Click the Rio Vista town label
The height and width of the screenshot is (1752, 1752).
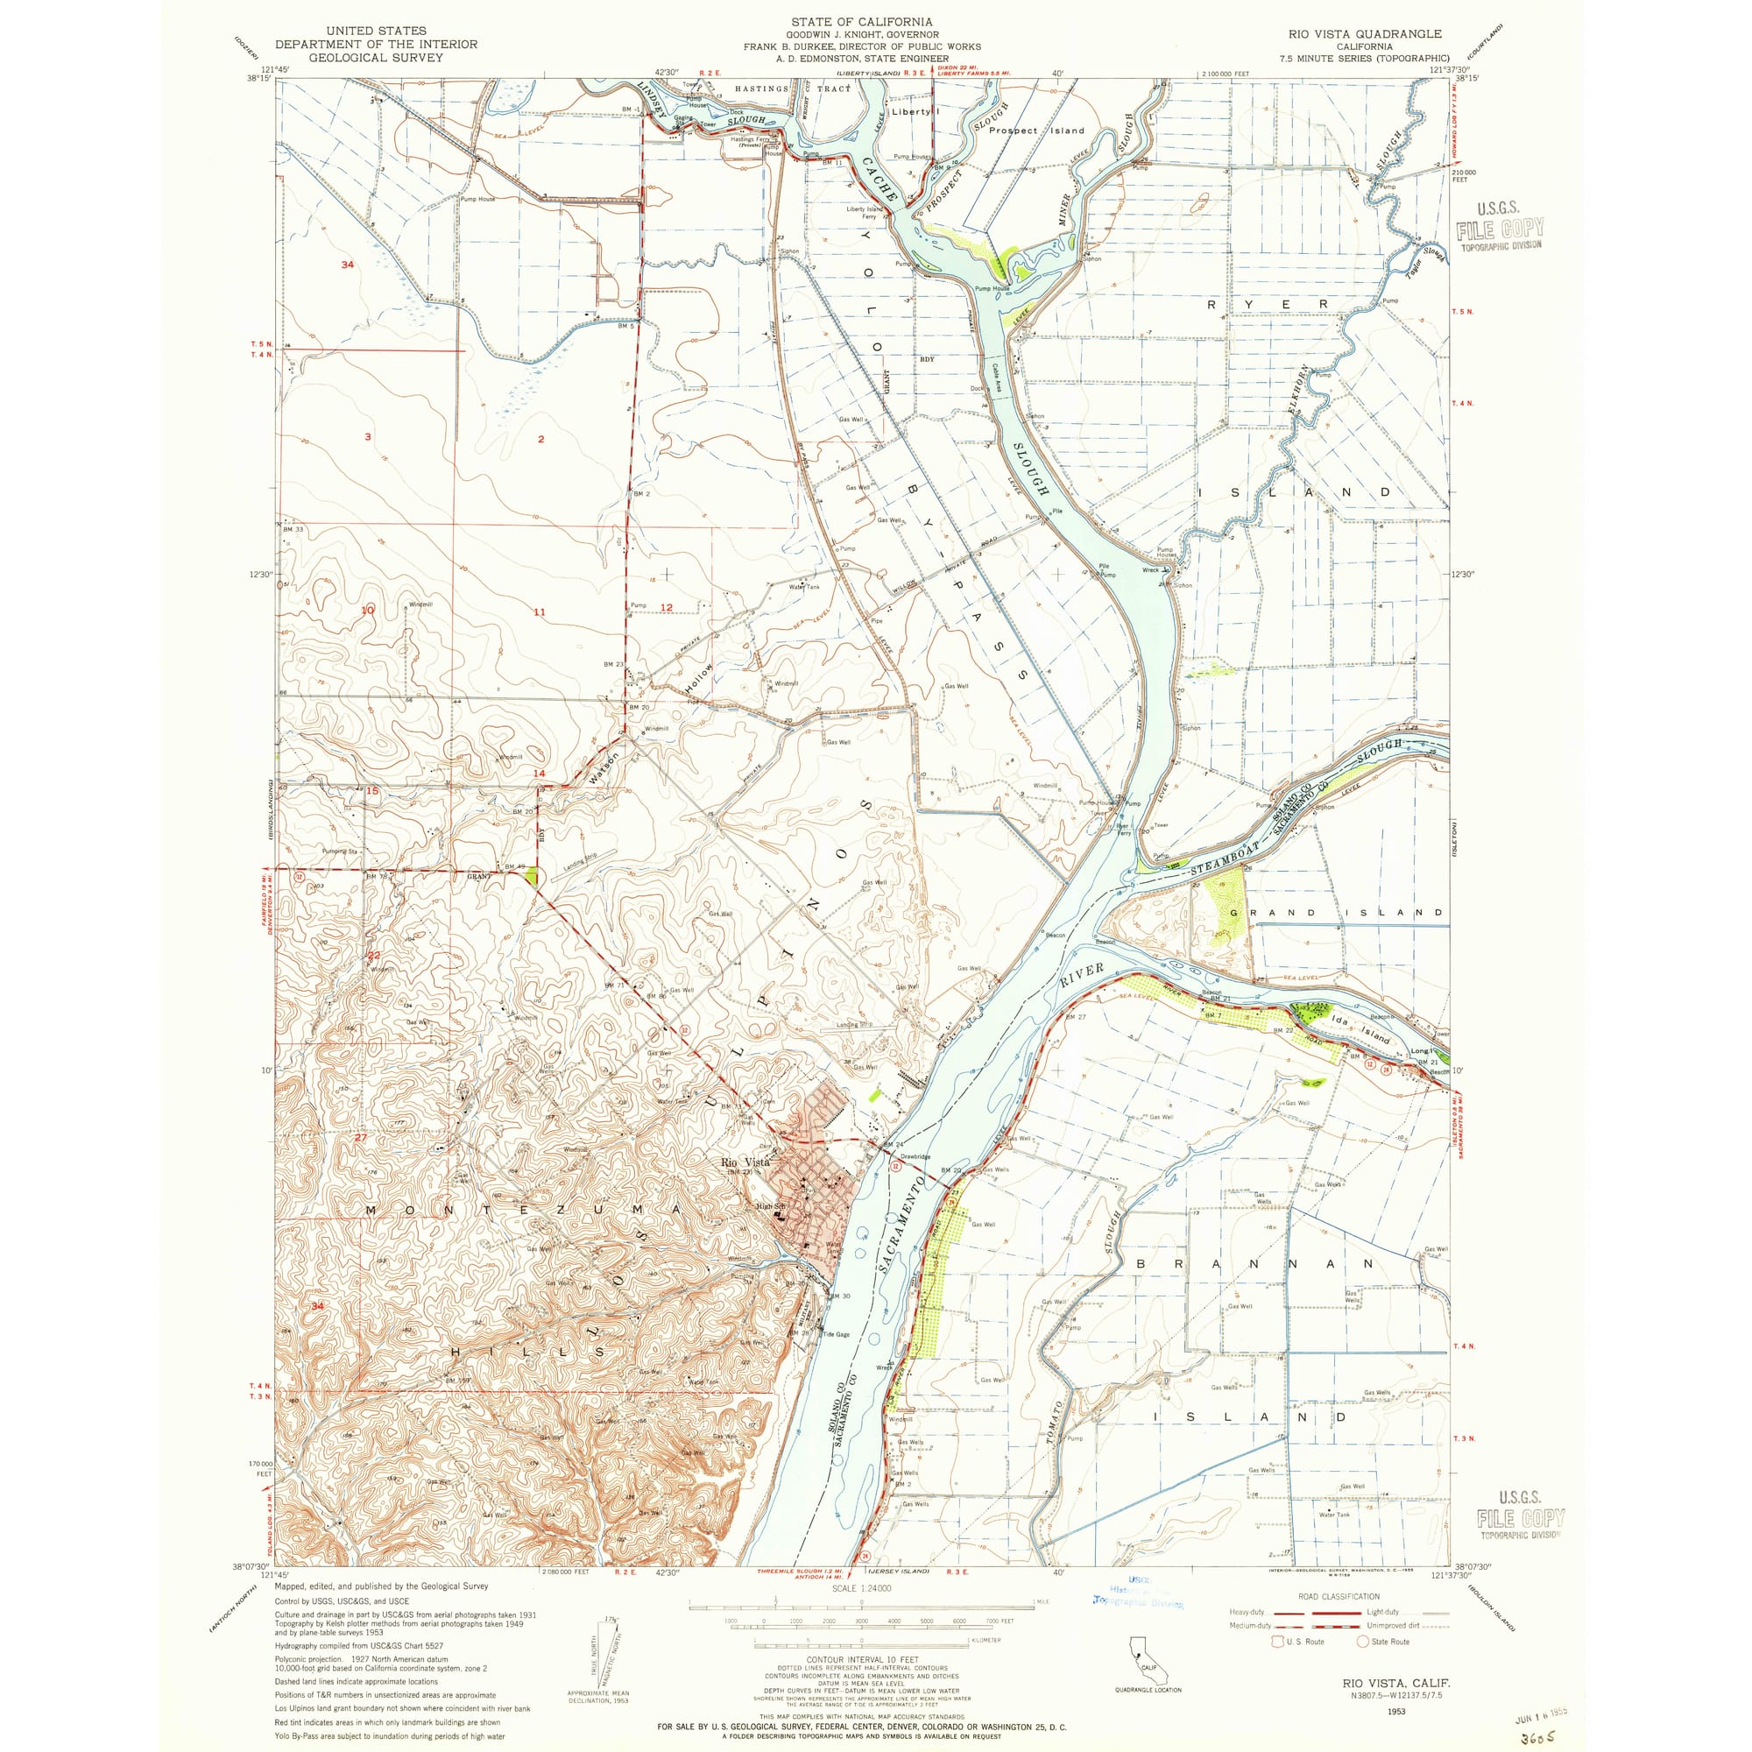coord(745,1162)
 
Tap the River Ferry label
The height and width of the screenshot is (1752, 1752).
coord(1122,829)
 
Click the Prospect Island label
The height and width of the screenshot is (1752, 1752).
coord(1035,131)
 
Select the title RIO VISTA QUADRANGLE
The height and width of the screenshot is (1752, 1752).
coord(1364,33)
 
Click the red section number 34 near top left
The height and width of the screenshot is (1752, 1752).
coord(347,265)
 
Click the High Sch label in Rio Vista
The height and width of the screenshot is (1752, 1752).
coord(772,1206)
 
